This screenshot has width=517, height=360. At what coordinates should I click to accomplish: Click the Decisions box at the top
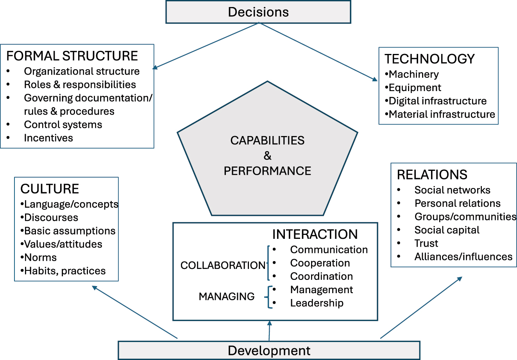coord(258,12)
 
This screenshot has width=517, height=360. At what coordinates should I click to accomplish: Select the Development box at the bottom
coord(269,350)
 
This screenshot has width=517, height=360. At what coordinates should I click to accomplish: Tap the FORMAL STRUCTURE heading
coord(72,56)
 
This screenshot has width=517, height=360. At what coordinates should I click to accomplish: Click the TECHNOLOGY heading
coord(429,59)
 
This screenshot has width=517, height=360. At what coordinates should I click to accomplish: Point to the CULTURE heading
coord(50,189)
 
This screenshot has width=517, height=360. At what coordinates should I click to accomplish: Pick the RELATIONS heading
coord(432,174)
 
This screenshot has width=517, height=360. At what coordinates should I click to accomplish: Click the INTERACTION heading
coord(315,234)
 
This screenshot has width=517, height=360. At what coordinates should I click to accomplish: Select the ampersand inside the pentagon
coord(267,156)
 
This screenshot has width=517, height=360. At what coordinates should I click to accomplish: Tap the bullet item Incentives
coord(48,138)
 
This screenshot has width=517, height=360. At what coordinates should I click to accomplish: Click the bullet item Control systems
coord(63,125)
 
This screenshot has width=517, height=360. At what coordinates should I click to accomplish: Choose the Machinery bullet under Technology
coord(413,74)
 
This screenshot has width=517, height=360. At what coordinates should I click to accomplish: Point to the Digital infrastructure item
coord(437,101)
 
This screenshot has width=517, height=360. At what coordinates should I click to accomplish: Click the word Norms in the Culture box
coord(40,258)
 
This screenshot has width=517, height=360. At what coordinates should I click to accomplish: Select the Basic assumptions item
coord(70,231)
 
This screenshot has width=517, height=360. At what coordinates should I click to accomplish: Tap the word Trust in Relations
coord(426,244)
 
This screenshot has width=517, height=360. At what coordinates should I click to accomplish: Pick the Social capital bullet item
coord(447,230)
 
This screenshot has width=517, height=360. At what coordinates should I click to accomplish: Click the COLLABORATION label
coord(223,265)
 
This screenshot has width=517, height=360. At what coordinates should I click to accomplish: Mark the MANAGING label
coord(227,297)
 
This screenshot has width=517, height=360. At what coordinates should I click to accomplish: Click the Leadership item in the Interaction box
coord(317,303)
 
